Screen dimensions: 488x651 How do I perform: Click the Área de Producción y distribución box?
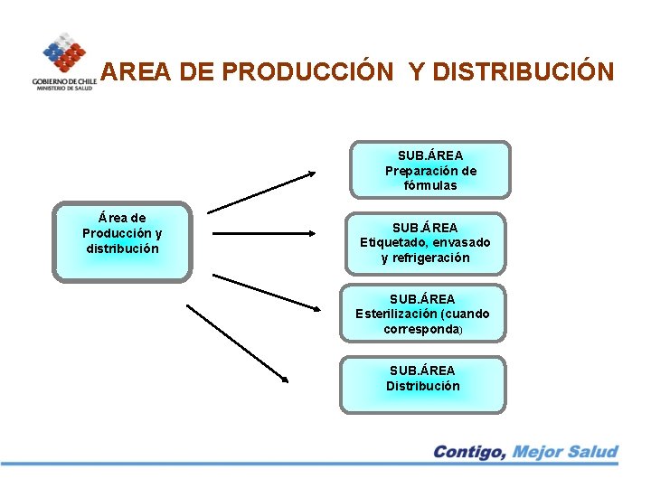[122, 240]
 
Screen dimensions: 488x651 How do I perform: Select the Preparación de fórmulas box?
[430, 170]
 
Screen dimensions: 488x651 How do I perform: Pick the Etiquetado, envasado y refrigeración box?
[425, 242]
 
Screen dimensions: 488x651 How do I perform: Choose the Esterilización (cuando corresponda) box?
[422, 314]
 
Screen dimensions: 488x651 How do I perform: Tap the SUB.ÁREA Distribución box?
[422, 385]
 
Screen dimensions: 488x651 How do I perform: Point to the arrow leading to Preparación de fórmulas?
[262, 191]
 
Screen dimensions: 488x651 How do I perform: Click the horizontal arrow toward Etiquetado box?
[266, 233]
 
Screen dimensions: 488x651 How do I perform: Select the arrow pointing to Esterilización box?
[267, 290]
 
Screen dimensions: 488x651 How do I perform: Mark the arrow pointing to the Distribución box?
[237, 342]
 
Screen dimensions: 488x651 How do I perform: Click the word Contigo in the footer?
[468, 452]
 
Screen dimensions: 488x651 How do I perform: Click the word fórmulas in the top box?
[430, 186]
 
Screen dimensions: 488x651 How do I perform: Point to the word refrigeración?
[425, 258]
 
